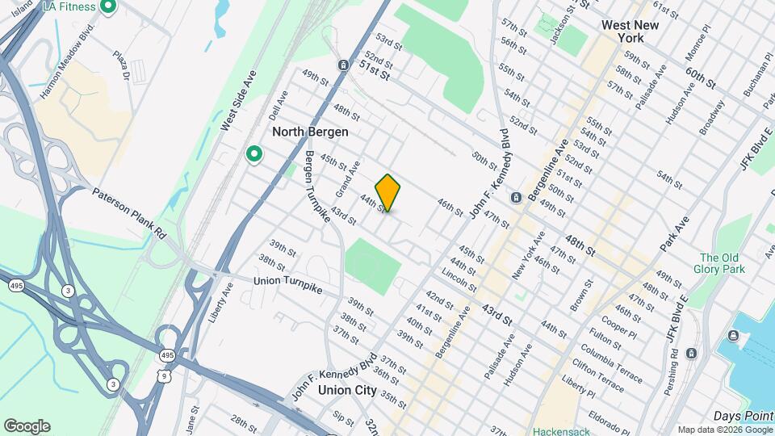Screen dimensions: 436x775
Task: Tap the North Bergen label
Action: (310, 132)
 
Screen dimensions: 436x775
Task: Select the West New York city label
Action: (630, 31)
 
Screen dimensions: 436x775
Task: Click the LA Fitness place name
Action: (69, 7)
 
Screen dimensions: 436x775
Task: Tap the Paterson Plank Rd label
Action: (128, 213)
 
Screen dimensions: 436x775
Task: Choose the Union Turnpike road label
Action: (287, 281)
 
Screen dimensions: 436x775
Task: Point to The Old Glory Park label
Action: (722, 263)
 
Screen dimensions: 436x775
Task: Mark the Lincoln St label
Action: (459, 280)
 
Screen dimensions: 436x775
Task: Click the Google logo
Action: (27, 426)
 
